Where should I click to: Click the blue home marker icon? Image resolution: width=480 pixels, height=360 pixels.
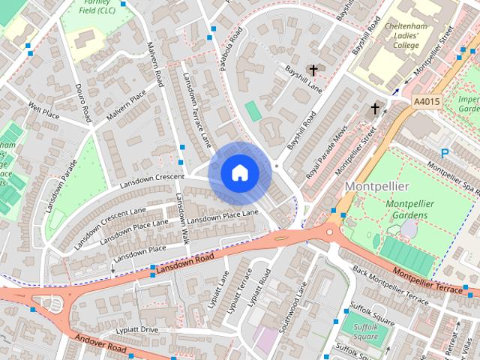click(x=239, y=173)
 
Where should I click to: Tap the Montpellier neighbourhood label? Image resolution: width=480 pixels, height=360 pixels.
click(x=376, y=186)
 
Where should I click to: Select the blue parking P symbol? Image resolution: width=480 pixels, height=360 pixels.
click(x=444, y=154)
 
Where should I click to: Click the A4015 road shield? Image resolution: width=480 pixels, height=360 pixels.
click(x=427, y=101)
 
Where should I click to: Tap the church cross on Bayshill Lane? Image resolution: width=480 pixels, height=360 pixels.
click(x=313, y=70)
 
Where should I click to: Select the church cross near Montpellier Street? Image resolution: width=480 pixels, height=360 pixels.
click(x=374, y=109)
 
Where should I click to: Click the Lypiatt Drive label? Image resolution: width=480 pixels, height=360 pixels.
click(x=137, y=329)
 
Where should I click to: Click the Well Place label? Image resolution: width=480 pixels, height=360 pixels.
click(x=43, y=111)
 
